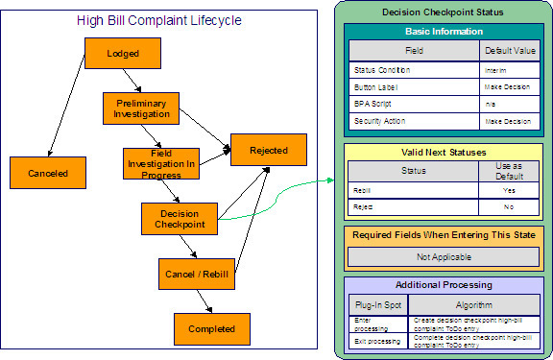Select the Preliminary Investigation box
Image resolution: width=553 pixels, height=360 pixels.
click(x=141, y=108)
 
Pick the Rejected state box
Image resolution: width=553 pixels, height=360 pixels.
click(x=268, y=149)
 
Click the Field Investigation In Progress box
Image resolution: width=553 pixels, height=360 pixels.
click(x=160, y=164)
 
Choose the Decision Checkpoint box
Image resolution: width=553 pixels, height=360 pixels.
click(x=180, y=219)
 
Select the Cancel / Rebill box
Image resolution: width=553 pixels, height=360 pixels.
click(x=198, y=274)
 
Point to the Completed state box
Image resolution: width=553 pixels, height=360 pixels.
click(x=211, y=328)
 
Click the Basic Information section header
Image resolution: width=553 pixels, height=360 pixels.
click(x=442, y=31)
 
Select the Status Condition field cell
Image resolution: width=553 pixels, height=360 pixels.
click(x=413, y=71)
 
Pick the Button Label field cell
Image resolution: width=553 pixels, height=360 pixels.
click(x=413, y=87)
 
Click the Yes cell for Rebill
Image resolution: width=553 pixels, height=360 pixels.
click(x=509, y=191)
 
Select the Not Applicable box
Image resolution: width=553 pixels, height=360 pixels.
click(x=442, y=256)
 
